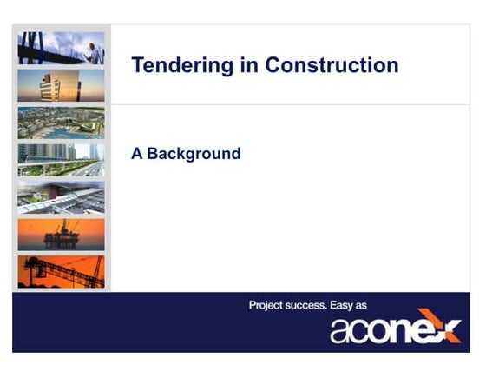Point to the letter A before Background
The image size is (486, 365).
(136, 154)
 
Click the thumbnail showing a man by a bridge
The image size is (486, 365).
(61, 48)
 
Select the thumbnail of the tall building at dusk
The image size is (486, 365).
(61, 85)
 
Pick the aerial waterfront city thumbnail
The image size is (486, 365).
(61, 123)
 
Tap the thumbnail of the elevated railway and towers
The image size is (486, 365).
(61, 160)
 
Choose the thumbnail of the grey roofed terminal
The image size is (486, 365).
(61, 197)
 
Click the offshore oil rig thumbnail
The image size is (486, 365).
(61, 235)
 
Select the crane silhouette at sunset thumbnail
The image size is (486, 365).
(61, 271)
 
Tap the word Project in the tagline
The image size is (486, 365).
(268, 305)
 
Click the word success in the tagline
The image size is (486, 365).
(315, 305)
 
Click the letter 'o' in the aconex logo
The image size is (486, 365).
(385, 331)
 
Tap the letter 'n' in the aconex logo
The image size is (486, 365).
(405, 331)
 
